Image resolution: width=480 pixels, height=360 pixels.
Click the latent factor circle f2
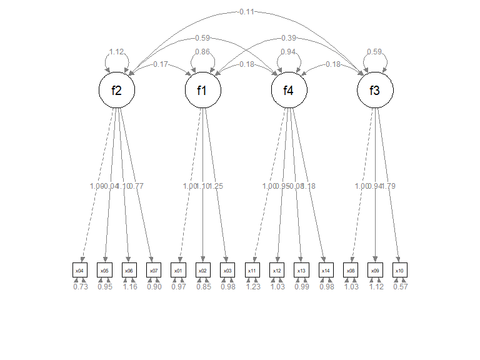point(117,91)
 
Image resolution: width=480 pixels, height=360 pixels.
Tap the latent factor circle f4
point(289,91)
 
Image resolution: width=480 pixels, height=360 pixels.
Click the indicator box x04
point(80,270)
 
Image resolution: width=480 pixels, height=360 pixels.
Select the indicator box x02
point(203,270)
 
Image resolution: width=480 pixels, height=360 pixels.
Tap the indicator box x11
point(252,270)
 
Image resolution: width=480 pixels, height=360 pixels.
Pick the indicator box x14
point(326,270)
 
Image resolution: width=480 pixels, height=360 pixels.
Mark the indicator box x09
point(375,270)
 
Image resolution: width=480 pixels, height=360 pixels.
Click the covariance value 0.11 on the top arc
point(246,11)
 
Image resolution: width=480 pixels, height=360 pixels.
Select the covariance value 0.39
point(289,38)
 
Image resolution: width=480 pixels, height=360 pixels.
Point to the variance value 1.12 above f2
point(117,52)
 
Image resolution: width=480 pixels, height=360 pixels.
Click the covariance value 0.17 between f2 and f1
point(160,64)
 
